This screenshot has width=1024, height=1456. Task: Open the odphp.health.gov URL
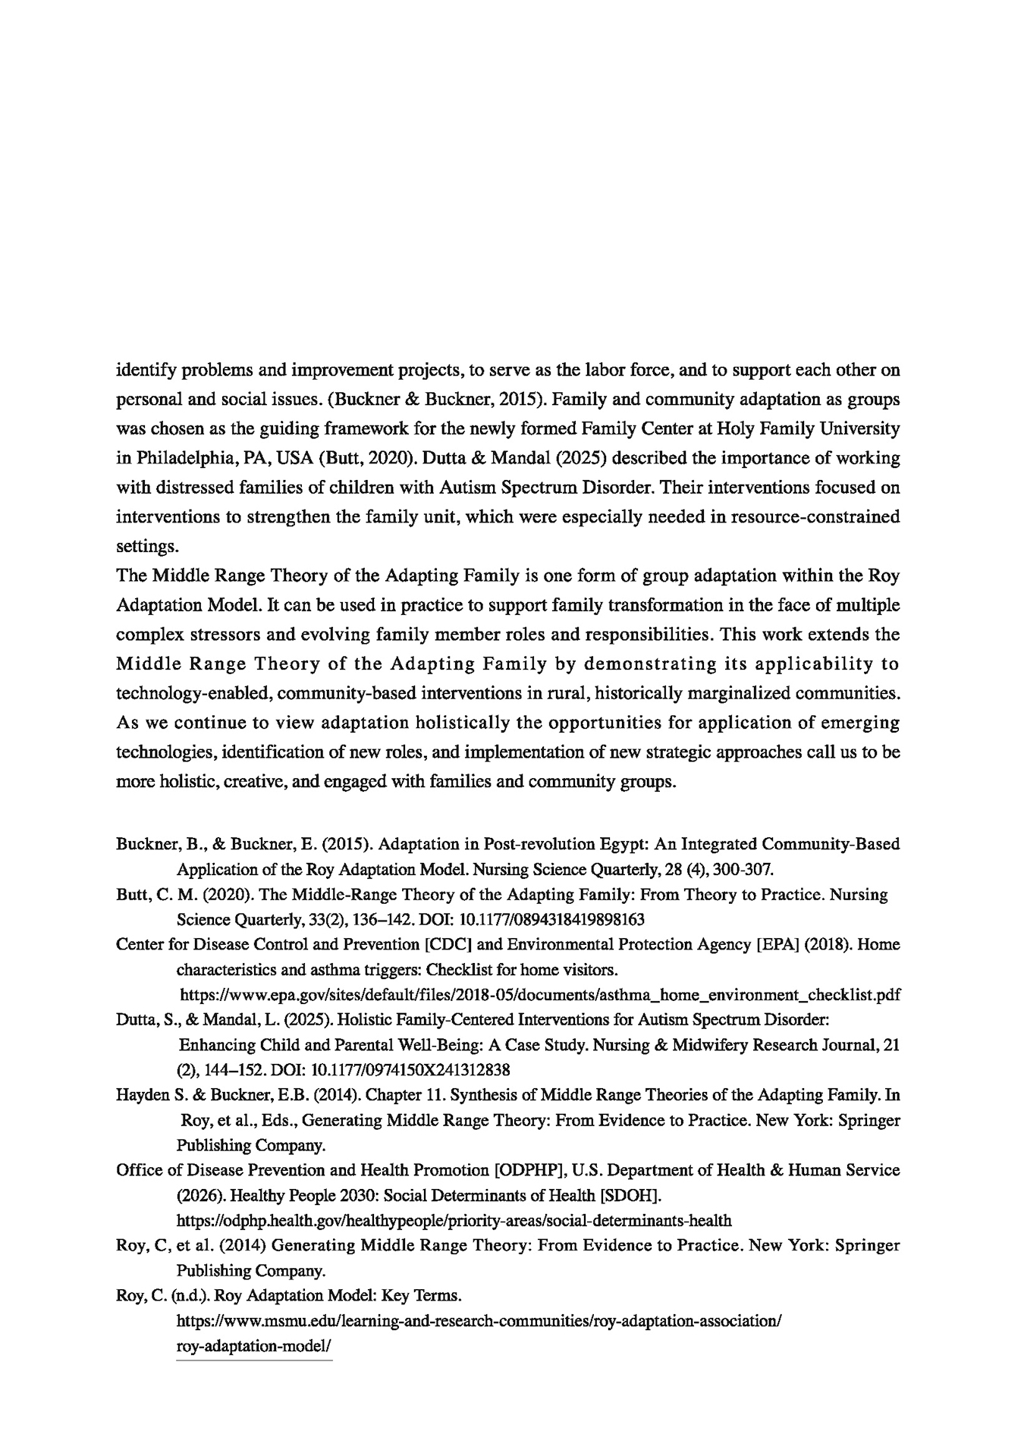(x=454, y=1221)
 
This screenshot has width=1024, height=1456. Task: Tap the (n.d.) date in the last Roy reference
(x=188, y=1296)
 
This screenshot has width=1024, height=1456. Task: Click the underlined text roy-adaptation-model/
(x=254, y=1346)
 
